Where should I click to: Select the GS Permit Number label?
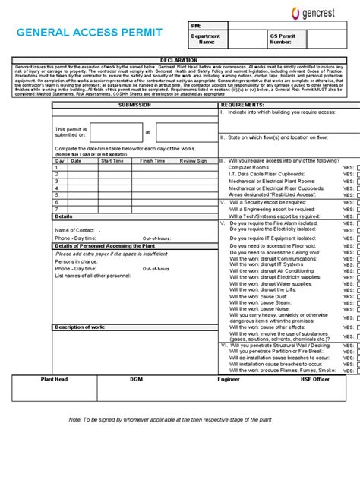point(280,39)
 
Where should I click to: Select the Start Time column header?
point(112,161)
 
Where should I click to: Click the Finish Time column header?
point(152,161)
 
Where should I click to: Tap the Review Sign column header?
point(192,161)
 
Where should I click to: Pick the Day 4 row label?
point(57,189)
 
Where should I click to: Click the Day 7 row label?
point(57,210)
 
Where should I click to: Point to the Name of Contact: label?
point(74,229)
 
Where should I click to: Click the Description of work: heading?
point(80,327)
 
